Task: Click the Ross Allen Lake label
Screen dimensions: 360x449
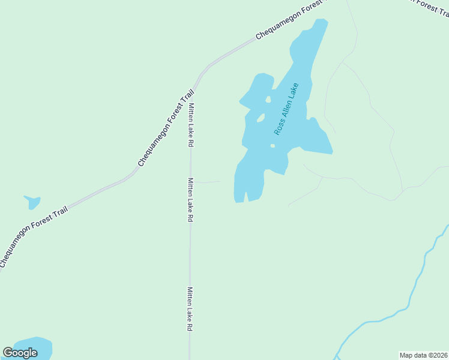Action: pyautogui.click(x=286, y=109)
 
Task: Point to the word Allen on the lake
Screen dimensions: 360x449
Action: pyautogui.click(x=286, y=108)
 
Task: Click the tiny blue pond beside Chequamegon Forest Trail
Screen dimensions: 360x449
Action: pyautogui.click(x=32, y=202)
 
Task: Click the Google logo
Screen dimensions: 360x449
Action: pyautogui.click(x=20, y=353)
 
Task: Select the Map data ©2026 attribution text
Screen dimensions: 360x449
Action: pyautogui.click(x=423, y=355)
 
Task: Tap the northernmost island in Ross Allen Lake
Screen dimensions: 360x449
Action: pyautogui.click(x=268, y=99)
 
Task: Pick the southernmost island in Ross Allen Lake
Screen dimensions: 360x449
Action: pyautogui.click(x=273, y=145)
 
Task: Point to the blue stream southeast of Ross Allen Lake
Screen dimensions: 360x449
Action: pyautogui.click(x=414, y=288)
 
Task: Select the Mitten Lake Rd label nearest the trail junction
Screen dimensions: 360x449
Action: pyautogui.click(x=191, y=125)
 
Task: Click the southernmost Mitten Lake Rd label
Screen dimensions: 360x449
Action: pyautogui.click(x=189, y=309)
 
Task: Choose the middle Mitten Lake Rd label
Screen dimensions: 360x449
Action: pyautogui.click(x=190, y=200)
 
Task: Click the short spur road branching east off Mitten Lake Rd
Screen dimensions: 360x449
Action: pyautogui.click(x=207, y=182)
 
